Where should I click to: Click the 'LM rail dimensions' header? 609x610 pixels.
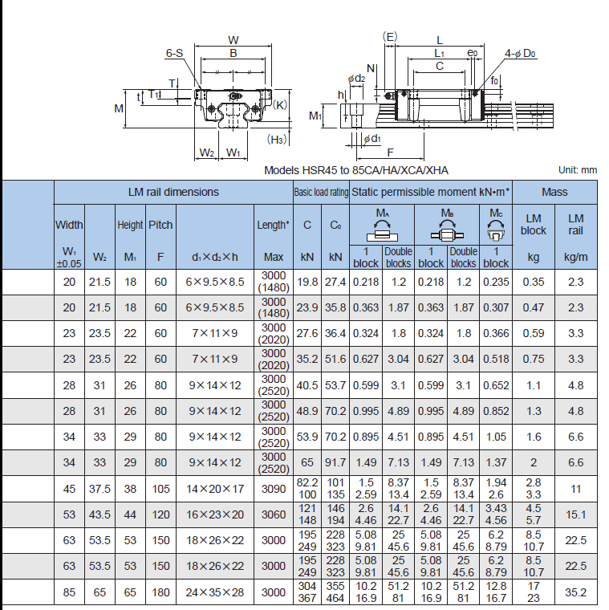coord(173,192)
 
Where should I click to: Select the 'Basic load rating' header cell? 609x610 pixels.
coord(321,192)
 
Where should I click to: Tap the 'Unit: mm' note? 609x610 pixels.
coord(578,170)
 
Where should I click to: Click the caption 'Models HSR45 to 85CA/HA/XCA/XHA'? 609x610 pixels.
coord(355,170)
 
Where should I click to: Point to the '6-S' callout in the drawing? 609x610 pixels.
coord(174,53)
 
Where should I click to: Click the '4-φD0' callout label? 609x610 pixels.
coord(520,53)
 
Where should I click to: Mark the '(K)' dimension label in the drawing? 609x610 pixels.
coord(280,104)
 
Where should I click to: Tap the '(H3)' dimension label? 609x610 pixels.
coord(277,140)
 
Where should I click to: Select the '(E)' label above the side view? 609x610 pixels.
coord(390,37)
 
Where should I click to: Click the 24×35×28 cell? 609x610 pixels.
coord(215,592)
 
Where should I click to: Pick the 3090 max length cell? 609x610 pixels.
coord(274,489)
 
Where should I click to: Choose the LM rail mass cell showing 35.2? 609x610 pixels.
coord(575,592)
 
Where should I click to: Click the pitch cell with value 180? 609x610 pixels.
coord(160,592)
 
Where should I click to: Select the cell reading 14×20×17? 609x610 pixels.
coord(215,489)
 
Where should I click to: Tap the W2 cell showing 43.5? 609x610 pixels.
coord(99,514)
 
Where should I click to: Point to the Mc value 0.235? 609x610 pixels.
coord(496,282)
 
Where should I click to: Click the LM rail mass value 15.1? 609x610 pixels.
coord(575,514)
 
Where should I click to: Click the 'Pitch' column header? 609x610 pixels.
coord(160,225)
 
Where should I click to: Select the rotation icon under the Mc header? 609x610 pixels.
coord(496,230)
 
